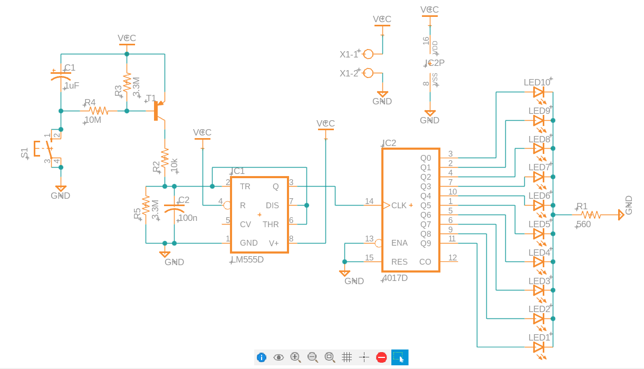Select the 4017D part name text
tap(396, 278)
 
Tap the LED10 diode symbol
tap(539, 92)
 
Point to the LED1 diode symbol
tap(539, 347)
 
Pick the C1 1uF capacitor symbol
tap(61, 77)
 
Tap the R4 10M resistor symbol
tap(99, 111)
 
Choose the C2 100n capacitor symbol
tap(175, 209)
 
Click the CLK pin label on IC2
tap(399, 205)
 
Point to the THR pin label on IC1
tap(271, 225)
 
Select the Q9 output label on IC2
tap(425, 243)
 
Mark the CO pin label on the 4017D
tap(425, 262)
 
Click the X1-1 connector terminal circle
tap(368, 54)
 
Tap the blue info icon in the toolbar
tap(262, 357)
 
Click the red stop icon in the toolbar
tap(381, 357)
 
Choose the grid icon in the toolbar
tap(347, 357)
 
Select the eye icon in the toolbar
tap(278, 357)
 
